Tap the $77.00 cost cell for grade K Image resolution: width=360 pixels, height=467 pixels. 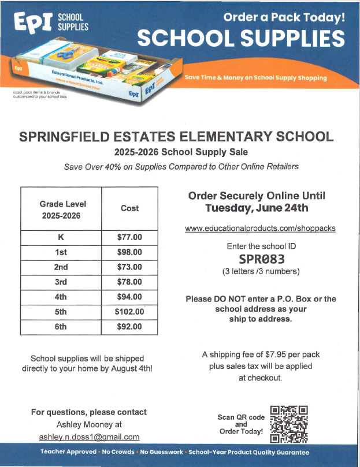coord(129,237)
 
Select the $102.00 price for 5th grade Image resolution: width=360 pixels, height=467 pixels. coord(129,312)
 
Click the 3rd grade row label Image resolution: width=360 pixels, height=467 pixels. coord(61,282)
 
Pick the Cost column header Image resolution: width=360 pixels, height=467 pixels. coord(129,208)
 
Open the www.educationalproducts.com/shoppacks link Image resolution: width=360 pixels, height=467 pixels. coord(260,229)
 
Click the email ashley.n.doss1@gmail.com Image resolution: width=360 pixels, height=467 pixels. coord(89,437)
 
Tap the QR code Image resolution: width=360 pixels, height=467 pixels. coord(289,424)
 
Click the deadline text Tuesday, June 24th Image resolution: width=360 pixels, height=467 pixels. coord(257,208)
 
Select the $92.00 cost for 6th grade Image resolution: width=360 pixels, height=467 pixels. coord(129,327)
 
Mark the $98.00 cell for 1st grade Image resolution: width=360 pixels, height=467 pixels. coord(129,252)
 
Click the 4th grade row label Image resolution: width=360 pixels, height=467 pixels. coord(61,297)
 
